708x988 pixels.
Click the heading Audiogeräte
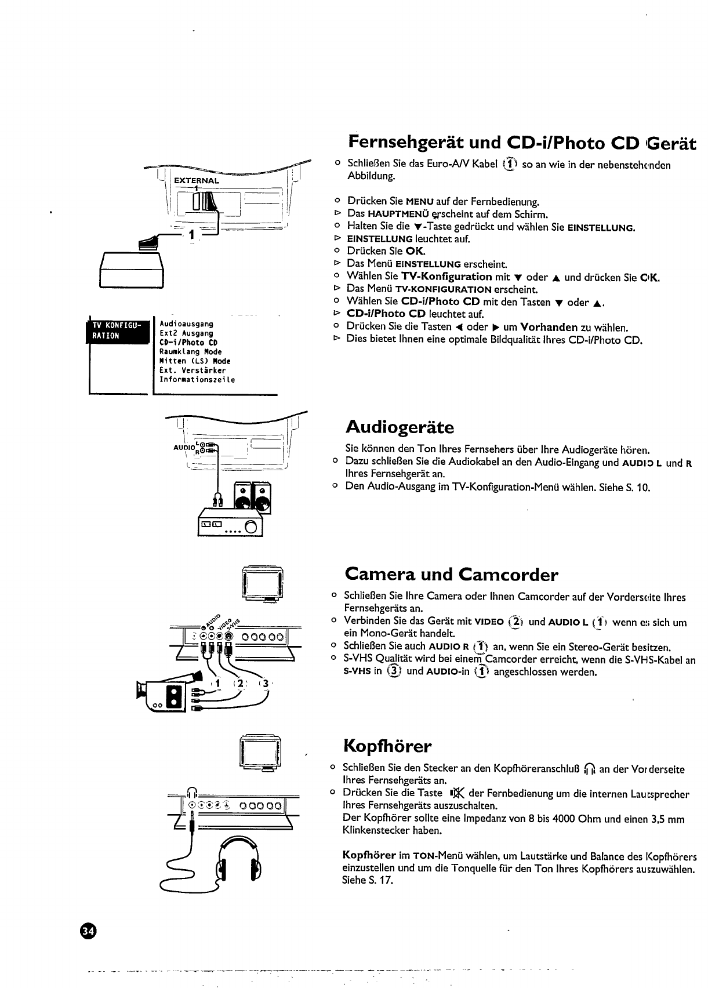point(400,428)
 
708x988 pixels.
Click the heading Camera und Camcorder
point(451,575)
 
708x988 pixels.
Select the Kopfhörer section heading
point(387,745)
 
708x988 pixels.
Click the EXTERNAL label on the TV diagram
point(197,180)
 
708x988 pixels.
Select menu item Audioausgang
point(186,324)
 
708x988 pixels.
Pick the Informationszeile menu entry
point(197,380)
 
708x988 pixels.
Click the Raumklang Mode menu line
point(190,351)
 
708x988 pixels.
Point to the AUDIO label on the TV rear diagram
point(183,447)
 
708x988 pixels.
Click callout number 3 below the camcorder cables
point(266,683)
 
